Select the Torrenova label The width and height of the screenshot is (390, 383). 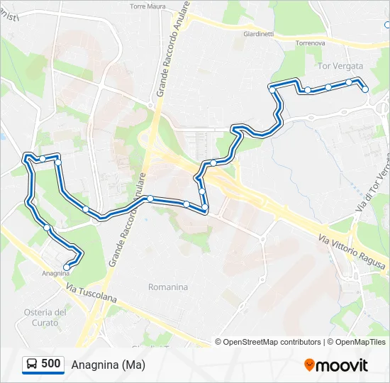click(x=311, y=43)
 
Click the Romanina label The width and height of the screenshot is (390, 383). click(x=168, y=287)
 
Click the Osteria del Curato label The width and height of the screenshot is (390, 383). click(x=45, y=317)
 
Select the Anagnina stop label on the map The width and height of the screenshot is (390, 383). click(x=55, y=273)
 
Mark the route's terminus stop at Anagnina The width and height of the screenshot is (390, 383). click(x=67, y=267)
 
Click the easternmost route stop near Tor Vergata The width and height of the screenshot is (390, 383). click(x=365, y=89)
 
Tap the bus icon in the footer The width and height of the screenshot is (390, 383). click(x=32, y=365)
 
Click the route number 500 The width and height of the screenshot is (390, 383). click(x=51, y=364)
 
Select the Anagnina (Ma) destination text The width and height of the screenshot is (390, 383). click(x=108, y=365)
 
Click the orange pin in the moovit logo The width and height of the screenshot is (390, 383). click(x=309, y=365)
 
